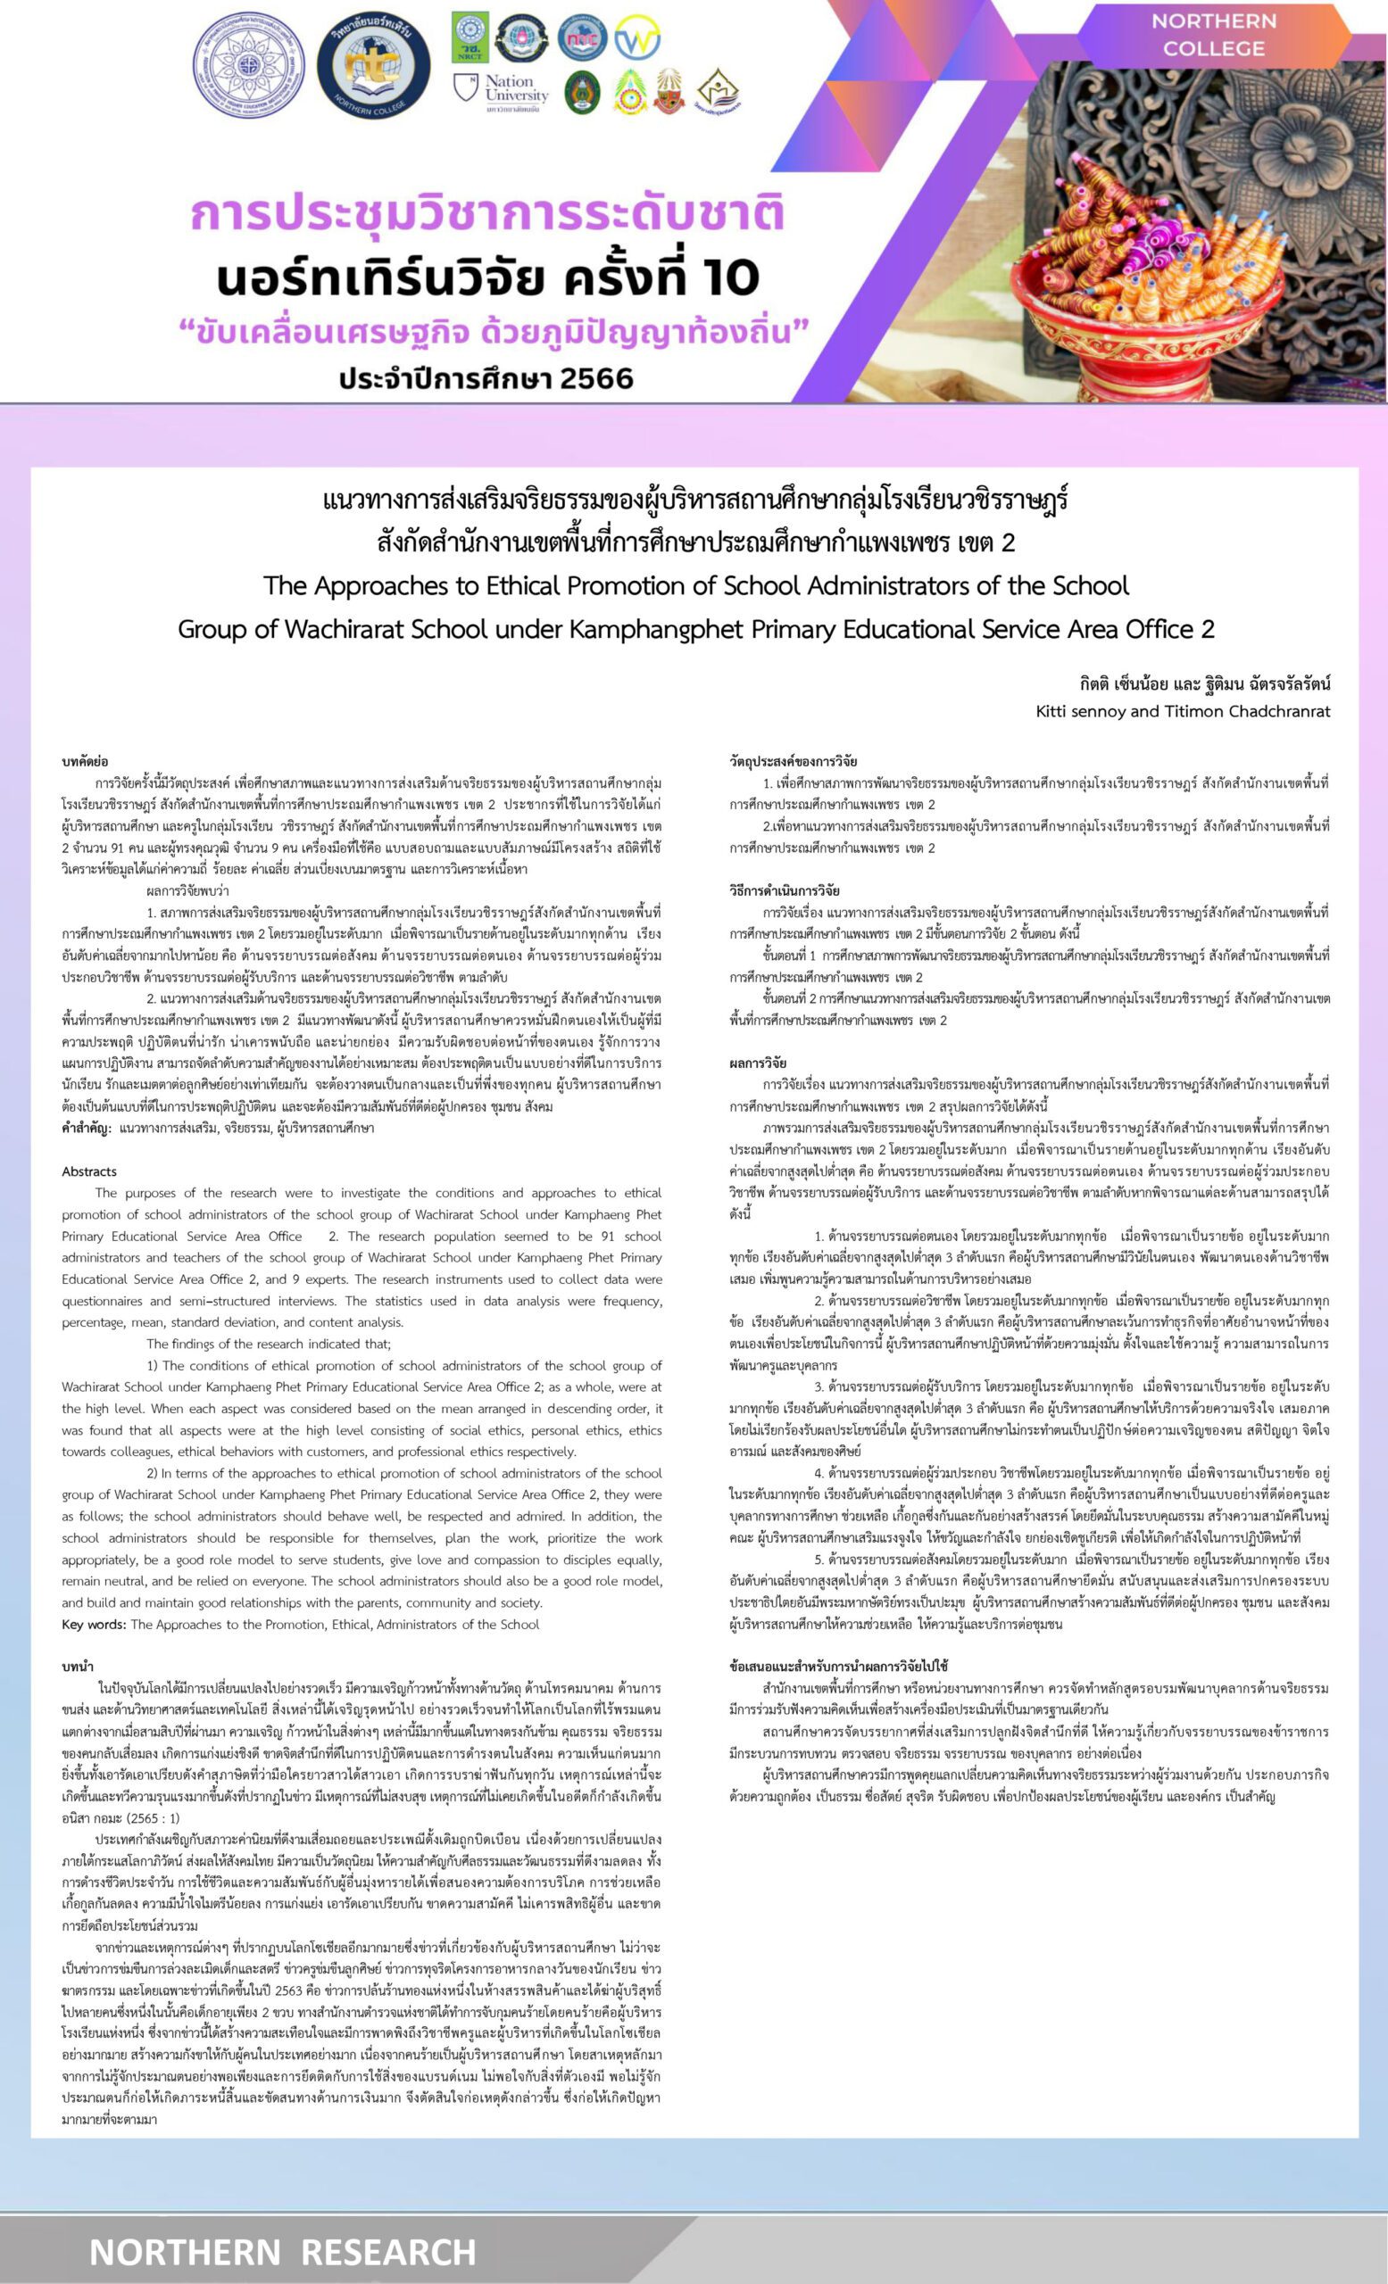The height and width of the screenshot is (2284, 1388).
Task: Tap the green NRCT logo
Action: coord(470,37)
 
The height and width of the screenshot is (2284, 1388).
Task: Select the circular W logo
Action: coord(637,37)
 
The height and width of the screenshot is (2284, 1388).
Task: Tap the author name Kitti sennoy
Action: coord(1081,711)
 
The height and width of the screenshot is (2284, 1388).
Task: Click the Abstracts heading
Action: coord(89,1171)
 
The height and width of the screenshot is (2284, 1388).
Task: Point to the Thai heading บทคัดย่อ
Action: coord(85,761)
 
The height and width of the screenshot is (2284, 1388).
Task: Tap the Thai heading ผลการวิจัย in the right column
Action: coord(758,1063)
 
